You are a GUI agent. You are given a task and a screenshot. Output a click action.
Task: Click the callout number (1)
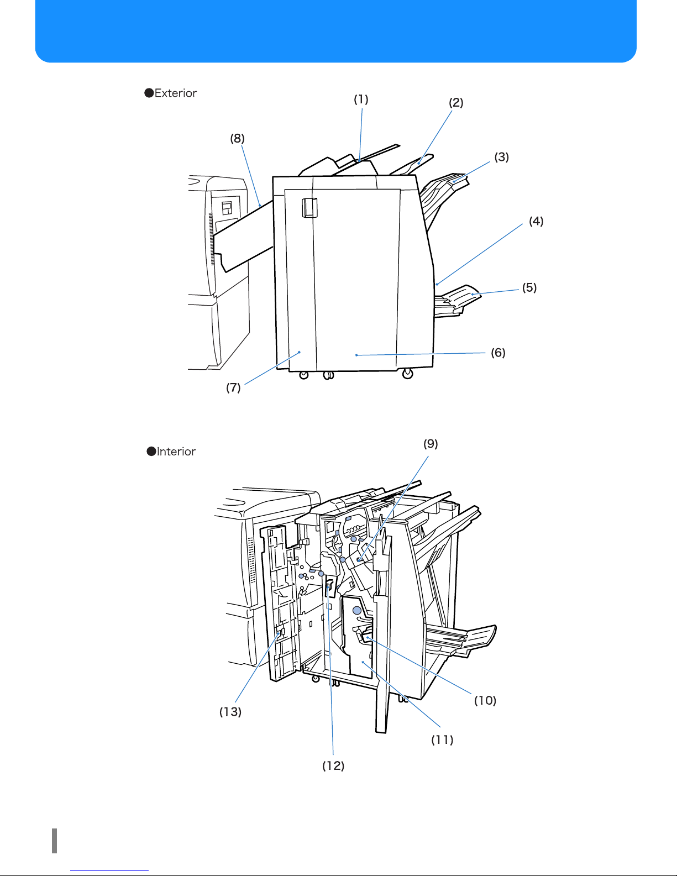(361, 99)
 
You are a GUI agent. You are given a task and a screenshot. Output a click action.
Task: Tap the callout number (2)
(456, 103)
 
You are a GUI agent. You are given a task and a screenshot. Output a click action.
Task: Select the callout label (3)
(502, 157)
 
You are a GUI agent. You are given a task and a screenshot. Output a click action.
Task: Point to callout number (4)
(537, 221)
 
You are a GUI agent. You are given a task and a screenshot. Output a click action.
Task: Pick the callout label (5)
(529, 288)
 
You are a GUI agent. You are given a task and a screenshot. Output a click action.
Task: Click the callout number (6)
(498, 353)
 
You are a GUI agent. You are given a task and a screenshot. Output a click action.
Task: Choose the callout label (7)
(233, 388)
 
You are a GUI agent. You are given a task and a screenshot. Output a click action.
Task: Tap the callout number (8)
(237, 139)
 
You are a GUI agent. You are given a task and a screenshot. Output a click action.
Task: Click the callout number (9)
(431, 444)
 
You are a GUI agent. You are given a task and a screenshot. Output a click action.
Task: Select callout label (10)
(485, 701)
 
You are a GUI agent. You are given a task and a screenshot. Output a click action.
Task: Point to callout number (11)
(443, 740)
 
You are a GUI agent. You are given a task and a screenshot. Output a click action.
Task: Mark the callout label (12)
(333, 766)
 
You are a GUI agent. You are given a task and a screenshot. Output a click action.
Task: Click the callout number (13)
(230, 712)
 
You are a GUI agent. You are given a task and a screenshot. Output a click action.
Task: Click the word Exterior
(176, 93)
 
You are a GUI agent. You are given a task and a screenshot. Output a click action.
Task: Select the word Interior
(176, 452)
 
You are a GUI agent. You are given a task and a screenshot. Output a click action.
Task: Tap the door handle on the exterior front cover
(309, 208)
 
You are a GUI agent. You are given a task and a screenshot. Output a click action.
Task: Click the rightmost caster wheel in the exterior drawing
(408, 374)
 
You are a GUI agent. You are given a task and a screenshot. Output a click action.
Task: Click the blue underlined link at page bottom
(109, 871)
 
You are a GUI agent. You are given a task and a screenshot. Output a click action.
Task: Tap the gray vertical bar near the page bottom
(54, 841)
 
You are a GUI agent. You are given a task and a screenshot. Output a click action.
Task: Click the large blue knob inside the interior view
(357, 611)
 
